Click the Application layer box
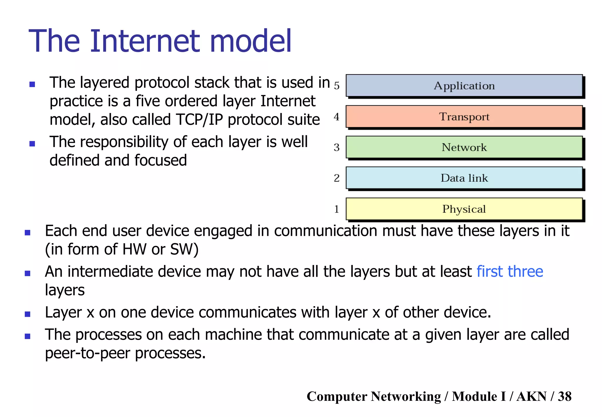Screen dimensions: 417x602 click(464, 86)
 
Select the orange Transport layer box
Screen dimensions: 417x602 click(464, 116)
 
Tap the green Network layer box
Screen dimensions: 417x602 click(464, 147)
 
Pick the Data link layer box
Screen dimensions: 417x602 click(464, 178)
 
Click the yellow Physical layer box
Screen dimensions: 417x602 click(464, 209)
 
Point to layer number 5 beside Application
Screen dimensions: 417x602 click(337, 86)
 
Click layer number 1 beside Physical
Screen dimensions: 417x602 click(337, 209)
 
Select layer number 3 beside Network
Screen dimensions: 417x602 click(337, 147)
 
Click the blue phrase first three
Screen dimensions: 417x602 click(509, 271)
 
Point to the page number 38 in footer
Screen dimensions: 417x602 click(564, 396)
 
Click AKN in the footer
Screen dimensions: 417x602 click(531, 396)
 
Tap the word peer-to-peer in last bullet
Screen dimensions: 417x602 click(87, 353)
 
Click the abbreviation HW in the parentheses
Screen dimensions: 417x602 click(134, 249)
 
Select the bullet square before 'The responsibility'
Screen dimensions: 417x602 click(32, 144)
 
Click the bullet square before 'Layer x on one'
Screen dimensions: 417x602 click(28, 314)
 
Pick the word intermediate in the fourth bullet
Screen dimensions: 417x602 click(110, 271)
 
